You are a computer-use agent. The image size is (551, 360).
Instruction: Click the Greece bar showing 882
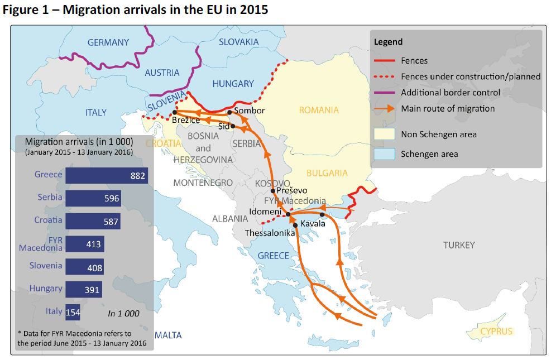(x=106, y=176)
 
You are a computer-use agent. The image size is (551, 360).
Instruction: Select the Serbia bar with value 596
(x=93, y=198)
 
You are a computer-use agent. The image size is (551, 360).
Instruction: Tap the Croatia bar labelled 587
(x=92, y=222)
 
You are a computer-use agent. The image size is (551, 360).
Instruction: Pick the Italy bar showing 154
(x=73, y=313)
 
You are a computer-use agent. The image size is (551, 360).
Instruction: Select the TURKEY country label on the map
(x=459, y=245)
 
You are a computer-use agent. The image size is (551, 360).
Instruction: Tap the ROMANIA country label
(x=319, y=110)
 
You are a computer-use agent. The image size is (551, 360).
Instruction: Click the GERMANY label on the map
(x=108, y=42)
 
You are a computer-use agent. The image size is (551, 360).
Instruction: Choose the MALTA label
(x=168, y=335)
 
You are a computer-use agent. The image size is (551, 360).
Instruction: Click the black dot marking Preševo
(x=273, y=191)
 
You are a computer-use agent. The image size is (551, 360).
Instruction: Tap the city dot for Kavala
(x=322, y=214)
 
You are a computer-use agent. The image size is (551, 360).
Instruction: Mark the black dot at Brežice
(x=175, y=112)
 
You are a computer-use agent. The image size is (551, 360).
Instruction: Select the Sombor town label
(x=249, y=111)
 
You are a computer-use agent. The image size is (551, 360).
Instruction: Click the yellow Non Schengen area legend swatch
(x=384, y=134)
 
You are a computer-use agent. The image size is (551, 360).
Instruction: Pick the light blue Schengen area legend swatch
(x=384, y=153)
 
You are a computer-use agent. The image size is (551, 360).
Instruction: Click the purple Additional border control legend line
(x=384, y=92)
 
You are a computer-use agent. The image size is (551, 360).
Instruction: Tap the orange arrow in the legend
(x=384, y=109)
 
